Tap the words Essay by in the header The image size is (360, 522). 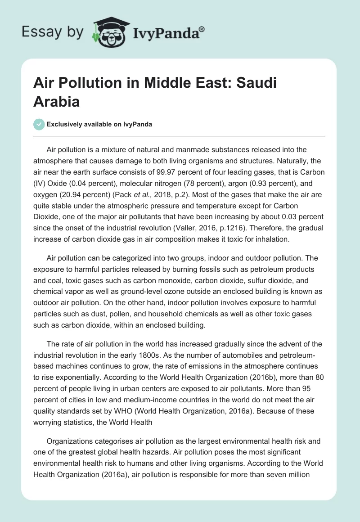pos(53,32)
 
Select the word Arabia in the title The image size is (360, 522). pos(56,101)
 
